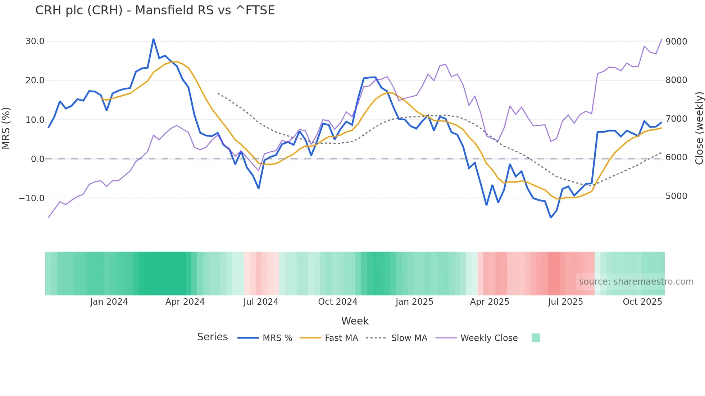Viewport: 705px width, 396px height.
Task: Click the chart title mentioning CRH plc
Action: coord(155,10)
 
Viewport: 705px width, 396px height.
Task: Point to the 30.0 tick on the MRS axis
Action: coord(35,41)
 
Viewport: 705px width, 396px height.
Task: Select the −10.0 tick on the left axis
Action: coord(32,198)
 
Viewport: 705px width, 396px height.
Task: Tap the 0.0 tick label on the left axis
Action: coord(37,159)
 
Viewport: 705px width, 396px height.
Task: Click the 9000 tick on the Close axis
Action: coord(676,42)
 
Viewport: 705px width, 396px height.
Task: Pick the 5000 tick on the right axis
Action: coord(676,196)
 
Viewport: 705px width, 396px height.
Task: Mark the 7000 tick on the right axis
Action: coord(676,119)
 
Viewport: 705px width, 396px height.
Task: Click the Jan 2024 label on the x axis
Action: coord(109,302)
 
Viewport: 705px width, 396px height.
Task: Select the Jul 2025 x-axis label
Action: coord(565,302)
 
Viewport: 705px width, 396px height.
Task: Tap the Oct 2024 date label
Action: coord(337,302)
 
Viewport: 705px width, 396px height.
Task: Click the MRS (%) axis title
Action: coord(6,128)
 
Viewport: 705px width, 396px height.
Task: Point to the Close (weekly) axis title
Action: coord(699,128)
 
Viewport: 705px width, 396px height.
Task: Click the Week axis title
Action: coord(355,321)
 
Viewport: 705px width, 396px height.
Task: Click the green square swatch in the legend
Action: coord(536,338)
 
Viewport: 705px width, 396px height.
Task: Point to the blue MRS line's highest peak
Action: coord(154,39)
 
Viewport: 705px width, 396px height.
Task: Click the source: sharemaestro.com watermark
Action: coord(636,282)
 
